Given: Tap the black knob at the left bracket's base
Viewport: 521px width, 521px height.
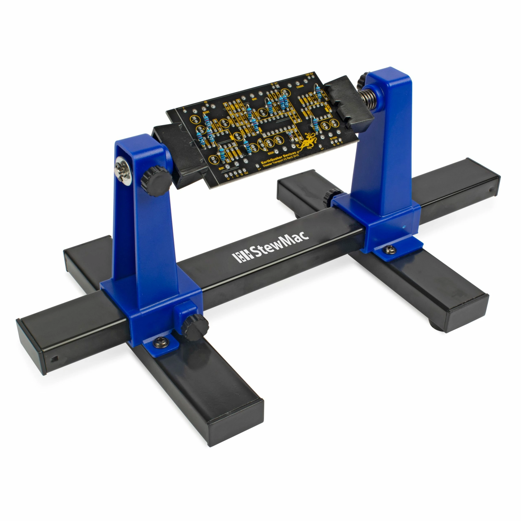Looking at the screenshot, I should pyautogui.click(x=194, y=327).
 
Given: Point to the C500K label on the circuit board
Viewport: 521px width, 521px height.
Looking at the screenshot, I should pyautogui.click(x=300, y=86).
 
